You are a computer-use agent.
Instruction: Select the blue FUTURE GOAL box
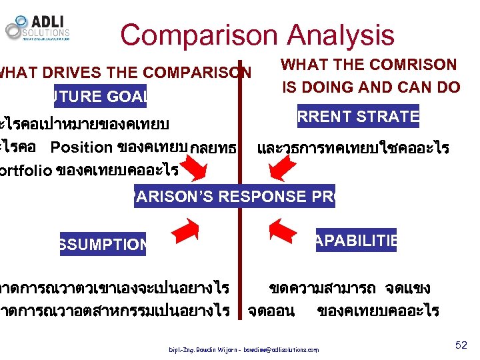pyautogui.click(x=100, y=97)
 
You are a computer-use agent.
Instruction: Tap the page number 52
pyautogui.click(x=461, y=345)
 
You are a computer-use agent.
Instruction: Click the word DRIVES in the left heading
pyautogui.click(x=63, y=72)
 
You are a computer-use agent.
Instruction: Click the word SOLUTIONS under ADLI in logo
pyautogui.click(x=47, y=33)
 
